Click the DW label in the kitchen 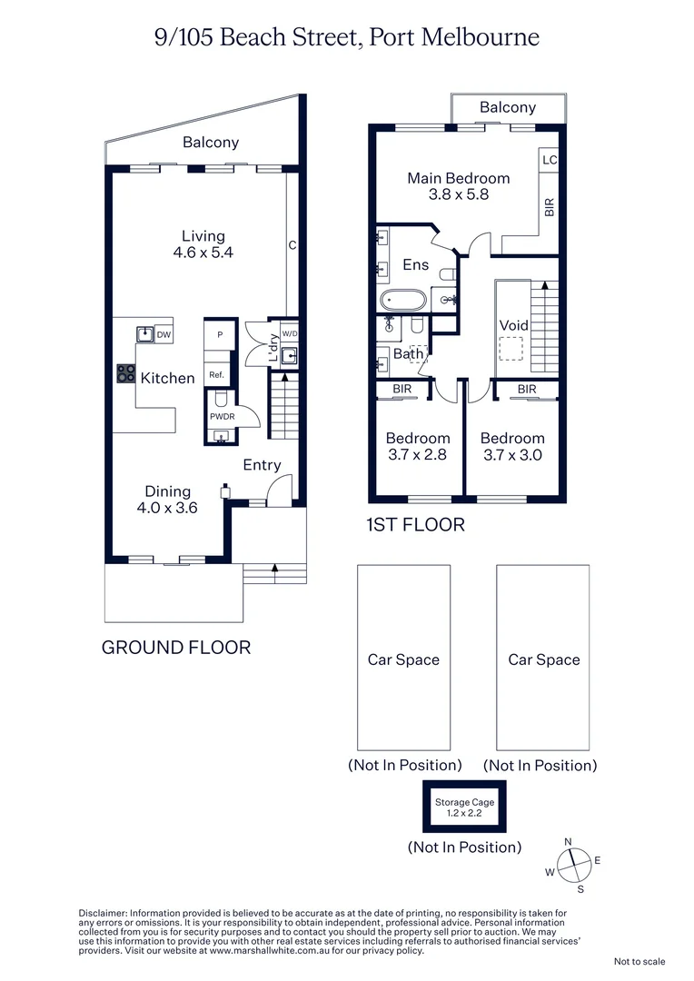coord(164,335)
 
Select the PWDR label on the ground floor coord(222,416)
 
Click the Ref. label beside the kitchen coord(216,375)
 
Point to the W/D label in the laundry coord(289,333)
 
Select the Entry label coord(262,465)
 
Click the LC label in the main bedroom coord(549,160)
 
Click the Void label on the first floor coord(513,325)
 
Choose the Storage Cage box coord(464,807)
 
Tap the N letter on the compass coord(569,842)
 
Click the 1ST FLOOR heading coord(415,525)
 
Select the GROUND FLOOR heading coord(175,648)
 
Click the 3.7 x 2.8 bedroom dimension coord(417,455)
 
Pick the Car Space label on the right coord(543,660)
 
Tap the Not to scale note coord(639,961)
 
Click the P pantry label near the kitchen coord(219,334)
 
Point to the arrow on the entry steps coord(275,570)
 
